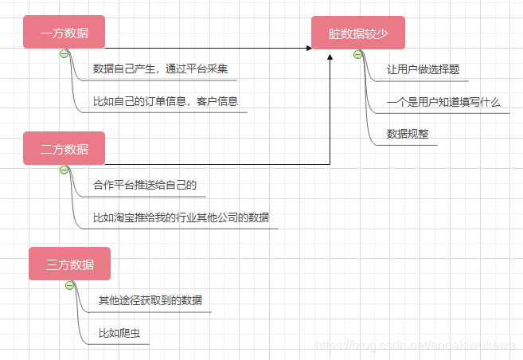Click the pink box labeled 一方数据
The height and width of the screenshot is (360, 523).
coord(64,33)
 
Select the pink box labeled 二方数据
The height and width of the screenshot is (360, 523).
coord(64,149)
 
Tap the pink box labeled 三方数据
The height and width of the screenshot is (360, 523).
coord(69,264)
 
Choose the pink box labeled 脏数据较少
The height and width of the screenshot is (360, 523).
coord(357,33)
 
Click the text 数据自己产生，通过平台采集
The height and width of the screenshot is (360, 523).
coord(160,68)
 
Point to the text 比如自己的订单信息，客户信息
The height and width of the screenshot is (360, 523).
coord(166,101)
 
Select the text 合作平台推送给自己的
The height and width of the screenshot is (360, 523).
coord(144,185)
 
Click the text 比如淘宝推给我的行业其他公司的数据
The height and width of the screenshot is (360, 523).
coord(181,217)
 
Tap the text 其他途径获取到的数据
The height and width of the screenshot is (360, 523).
coord(150,300)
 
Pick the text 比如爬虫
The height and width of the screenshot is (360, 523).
coord(113,333)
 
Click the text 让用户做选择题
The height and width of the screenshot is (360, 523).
coord(422,69)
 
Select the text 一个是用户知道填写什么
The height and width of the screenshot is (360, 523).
coord(443,102)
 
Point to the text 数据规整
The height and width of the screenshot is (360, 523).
coord(407,134)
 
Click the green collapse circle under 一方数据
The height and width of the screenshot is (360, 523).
coord(64,53)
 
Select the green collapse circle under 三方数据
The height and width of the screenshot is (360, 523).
coord(69,285)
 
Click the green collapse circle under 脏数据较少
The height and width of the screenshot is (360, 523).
coord(357,53)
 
